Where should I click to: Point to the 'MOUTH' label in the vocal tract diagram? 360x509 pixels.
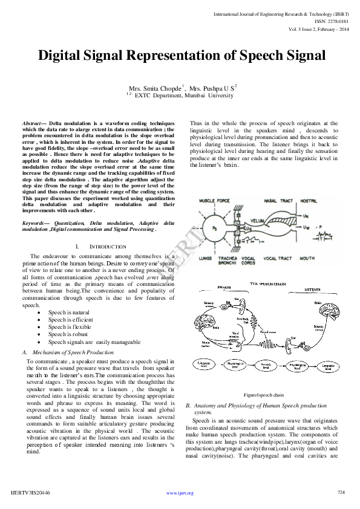click(x=306, y=258)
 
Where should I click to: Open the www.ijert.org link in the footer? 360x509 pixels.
click(x=180, y=493)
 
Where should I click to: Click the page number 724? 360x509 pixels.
click(x=340, y=492)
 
